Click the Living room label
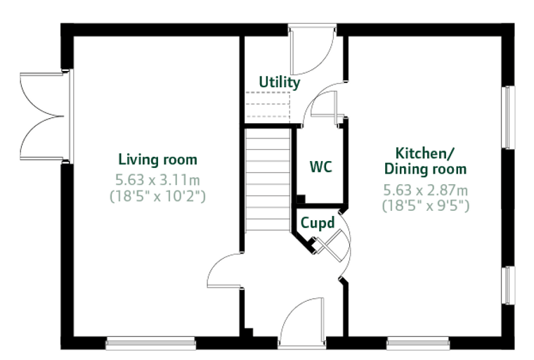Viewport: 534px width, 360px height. (x=157, y=160)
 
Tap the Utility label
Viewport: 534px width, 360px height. (x=280, y=82)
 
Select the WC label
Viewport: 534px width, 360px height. (x=321, y=167)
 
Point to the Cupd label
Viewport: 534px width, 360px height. (x=318, y=224)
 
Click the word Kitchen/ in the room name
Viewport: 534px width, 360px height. (x=424, y=153)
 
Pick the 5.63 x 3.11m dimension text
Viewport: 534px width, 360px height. (x=157, y=180)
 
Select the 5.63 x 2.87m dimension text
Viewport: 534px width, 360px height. (x=425, y=190)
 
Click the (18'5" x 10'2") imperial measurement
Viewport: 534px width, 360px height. (x=157, y=196)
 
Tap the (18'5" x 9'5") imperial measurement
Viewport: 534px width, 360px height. (x=425, y=205)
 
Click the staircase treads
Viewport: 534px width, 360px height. (x=268, y=179)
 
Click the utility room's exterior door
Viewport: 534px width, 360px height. (x=312, y=49)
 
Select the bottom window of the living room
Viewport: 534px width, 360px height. (x=150, y=343)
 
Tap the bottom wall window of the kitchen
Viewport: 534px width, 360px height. (x=418, y=343)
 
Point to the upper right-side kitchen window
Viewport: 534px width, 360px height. (x=508, y=117)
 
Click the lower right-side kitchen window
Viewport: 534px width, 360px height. (x=508, y=285)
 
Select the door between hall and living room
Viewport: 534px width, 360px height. (x=225, y=270)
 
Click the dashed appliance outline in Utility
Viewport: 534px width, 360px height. (x=268, y=105)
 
